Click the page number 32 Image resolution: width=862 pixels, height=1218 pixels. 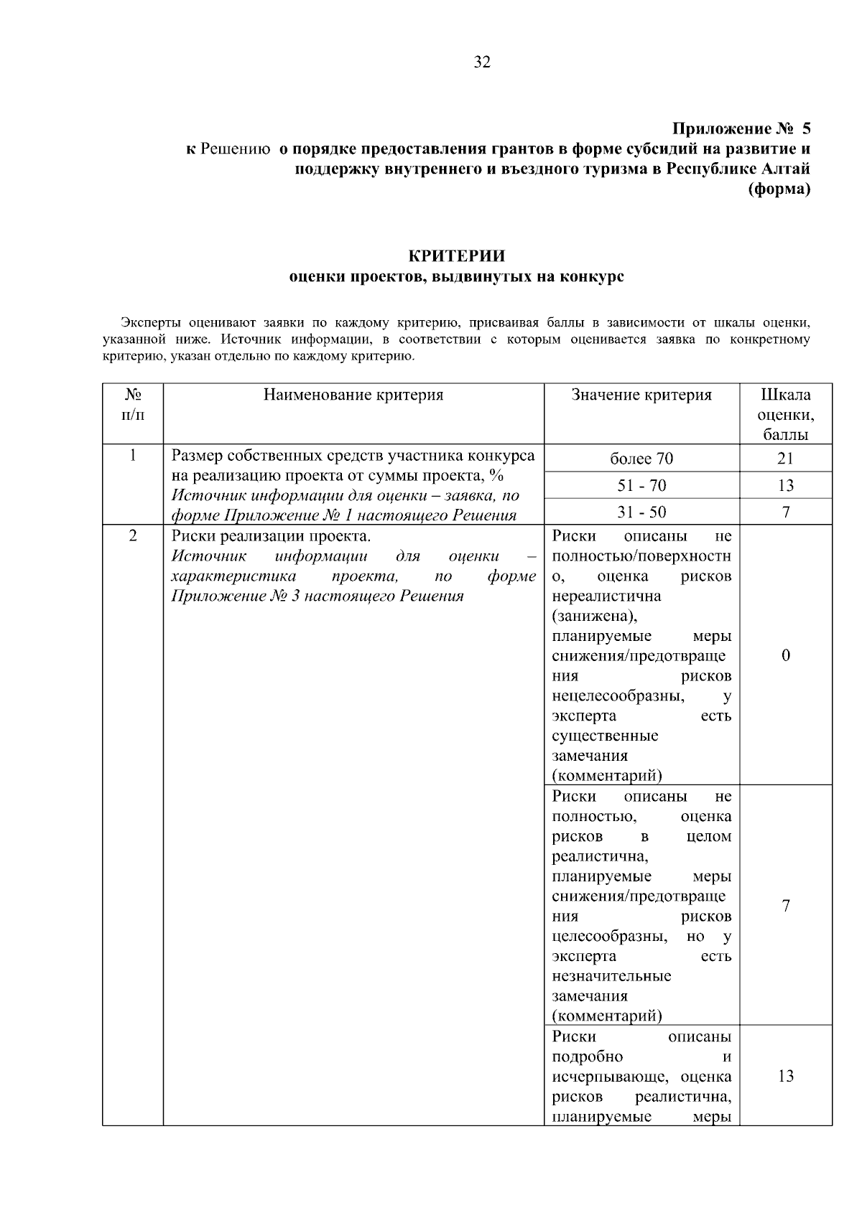tap(482, 62)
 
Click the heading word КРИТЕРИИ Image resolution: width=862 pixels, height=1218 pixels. tap(456, 256)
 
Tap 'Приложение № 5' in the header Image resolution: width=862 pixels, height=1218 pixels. tap(741, 129)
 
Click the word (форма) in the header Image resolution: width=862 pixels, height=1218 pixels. tap(779, 189)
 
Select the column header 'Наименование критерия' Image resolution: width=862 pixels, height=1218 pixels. tap(353, 395)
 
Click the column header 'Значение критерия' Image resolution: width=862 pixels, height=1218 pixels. tap(641, 395)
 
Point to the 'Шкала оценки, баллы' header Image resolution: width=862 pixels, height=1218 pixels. tap(786, 414)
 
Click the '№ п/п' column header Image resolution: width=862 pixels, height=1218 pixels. tap(133, 404)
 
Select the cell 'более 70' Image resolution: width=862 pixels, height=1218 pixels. tap(641, 459)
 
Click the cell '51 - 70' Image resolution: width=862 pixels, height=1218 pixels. tap(641, 486)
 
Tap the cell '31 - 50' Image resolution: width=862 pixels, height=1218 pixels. tap(641, 512)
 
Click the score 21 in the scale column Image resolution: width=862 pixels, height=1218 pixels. tap(786, 459)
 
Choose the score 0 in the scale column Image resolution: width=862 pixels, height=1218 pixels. tap(786, 655)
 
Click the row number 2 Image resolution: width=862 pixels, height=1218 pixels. tap(133, 536)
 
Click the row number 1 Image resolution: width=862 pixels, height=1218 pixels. tap(133, 456)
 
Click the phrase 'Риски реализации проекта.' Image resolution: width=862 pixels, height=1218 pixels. tap(272, 536)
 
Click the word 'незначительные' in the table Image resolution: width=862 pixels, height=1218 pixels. tap(611, 976)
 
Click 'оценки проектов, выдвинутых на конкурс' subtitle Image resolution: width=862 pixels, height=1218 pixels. tap(456, 277)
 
